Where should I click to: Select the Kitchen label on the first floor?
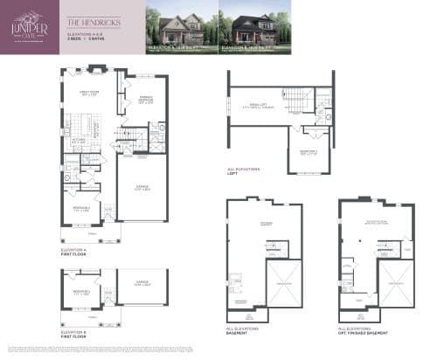click(x=77, y=141)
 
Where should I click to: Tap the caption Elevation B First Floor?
click(x=73, y=333)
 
